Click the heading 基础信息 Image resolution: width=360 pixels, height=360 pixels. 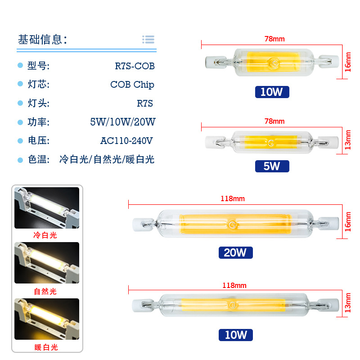click(42, 40)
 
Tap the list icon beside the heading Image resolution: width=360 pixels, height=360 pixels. click(148, 40)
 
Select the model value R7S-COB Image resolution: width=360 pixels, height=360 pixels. click(135, 66)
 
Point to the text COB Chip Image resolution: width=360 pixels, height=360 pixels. click(132, 85)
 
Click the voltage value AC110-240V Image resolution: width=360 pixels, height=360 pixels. click(126, 141)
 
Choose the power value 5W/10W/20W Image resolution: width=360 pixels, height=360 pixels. click(122, 122)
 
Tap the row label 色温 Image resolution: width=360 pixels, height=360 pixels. click(38, 159)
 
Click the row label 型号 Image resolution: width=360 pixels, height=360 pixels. click(38, 66)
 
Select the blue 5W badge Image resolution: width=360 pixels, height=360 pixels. click(272, 166)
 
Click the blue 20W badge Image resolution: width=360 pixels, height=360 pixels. click(235, 252)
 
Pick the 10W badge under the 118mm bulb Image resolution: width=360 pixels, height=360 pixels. click(235, 335)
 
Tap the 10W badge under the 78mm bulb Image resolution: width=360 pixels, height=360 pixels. click(272, 92)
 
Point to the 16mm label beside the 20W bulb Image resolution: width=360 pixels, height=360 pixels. click(347, 222)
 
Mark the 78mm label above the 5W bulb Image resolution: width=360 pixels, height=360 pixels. click(274, 121)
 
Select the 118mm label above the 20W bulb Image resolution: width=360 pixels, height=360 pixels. click(234, 198)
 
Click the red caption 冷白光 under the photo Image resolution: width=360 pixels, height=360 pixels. click(46, 235)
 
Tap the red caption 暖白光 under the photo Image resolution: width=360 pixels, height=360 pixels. click(46, 347)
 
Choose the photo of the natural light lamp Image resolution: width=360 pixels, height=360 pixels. click(46, 263)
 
